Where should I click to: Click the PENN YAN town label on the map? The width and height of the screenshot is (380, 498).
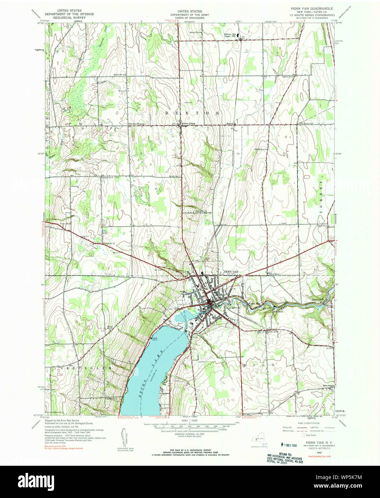[x=231, y=272]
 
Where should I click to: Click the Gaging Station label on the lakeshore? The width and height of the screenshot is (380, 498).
[x=154, y=339]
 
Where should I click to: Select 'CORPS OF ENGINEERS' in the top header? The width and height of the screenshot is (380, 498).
[x=190, y=18]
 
